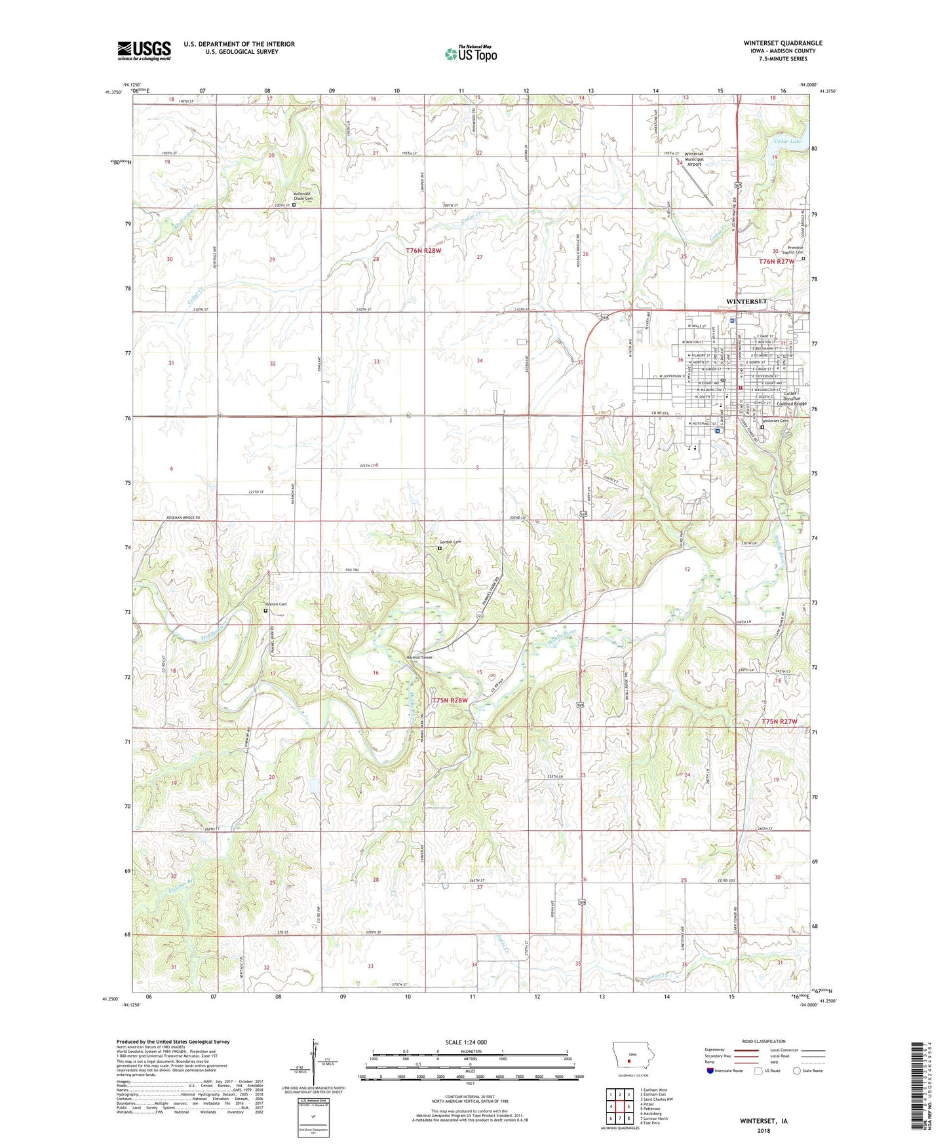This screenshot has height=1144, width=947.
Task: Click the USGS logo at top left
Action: coord(144,50)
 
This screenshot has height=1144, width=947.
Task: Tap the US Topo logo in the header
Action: coord(470,54)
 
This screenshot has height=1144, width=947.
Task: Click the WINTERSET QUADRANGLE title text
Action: coord(783,43)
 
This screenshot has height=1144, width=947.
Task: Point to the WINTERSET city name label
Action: coord(746,301)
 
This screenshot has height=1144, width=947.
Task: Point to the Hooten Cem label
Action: coord(275,604)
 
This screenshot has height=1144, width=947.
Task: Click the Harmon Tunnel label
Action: coord(419,658)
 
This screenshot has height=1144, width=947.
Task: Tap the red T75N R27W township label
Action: coord(780,721)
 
